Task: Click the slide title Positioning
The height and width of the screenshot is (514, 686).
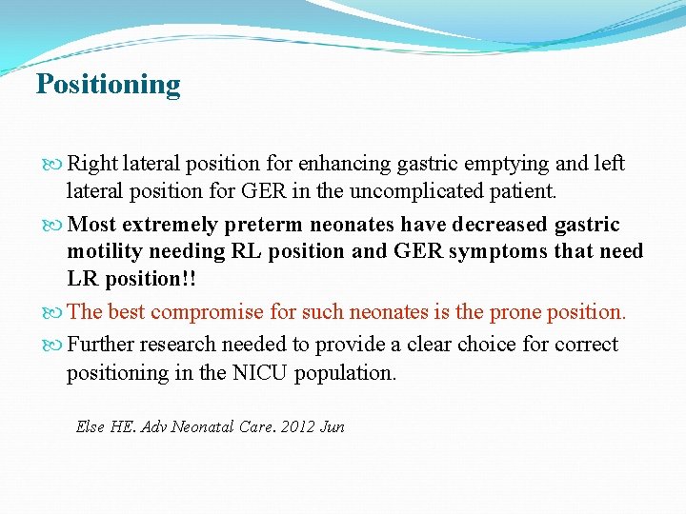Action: point(108,85)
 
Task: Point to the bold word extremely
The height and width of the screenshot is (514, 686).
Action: point(171,225)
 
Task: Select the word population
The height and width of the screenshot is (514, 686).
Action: point(348,373)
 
